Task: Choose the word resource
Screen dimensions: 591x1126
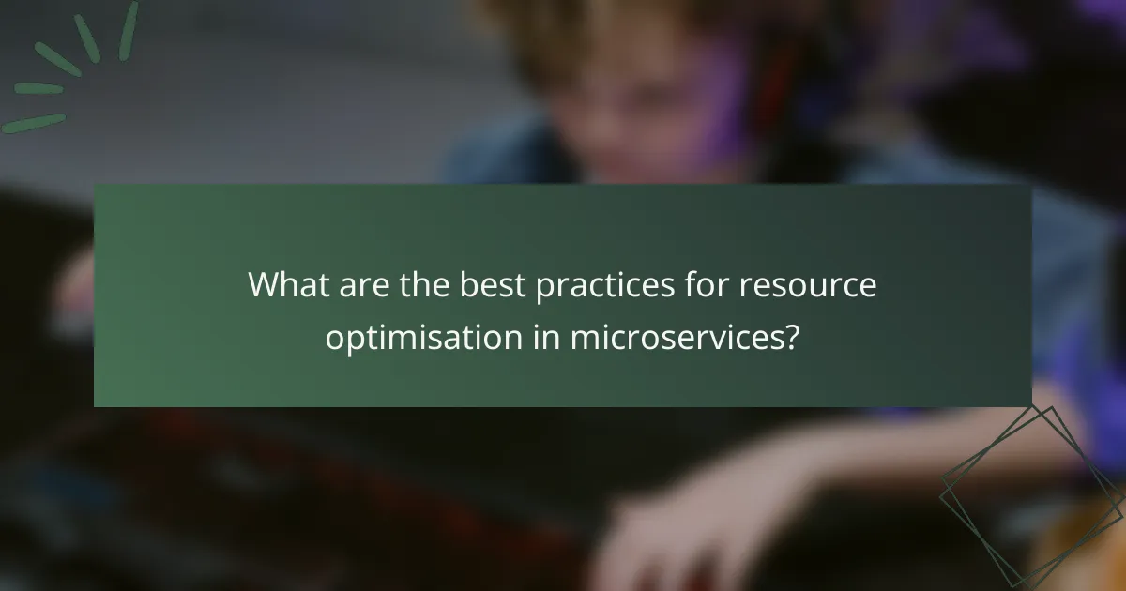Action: pyautogui.click(x=808, y=285)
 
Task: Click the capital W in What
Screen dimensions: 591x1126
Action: pyautogui.click(x=265, y=285)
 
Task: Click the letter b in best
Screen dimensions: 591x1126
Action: pyautogui.click(x=467, y=285)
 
